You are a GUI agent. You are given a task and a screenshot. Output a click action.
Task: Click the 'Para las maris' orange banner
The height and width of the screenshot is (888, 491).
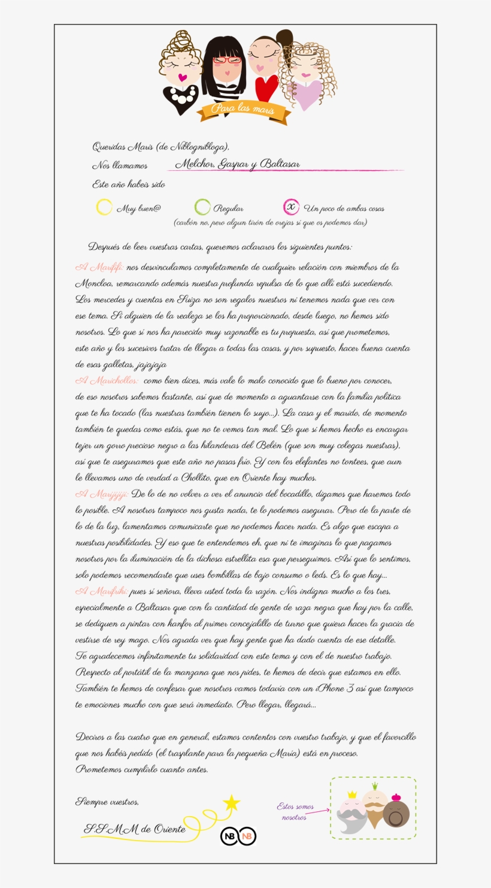(243, 110)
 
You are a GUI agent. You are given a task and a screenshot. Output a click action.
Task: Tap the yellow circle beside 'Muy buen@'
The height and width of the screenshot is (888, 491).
(104, 207)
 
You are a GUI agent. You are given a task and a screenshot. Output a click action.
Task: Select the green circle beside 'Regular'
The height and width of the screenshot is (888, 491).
(202, 207)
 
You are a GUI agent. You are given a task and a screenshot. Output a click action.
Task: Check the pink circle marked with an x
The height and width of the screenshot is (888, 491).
(291, 207)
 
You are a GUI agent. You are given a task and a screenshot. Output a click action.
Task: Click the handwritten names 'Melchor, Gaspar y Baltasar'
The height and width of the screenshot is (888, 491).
(238, 164)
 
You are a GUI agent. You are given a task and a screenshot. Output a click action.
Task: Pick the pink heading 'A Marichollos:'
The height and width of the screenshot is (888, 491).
(107, 380)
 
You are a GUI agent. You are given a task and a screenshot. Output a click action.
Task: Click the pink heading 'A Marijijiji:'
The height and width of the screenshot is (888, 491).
(101, 494)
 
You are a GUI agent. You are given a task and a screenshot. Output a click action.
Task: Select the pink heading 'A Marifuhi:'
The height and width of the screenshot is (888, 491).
(101, 591)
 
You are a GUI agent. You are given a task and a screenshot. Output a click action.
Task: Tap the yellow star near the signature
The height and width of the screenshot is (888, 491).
(231, 803)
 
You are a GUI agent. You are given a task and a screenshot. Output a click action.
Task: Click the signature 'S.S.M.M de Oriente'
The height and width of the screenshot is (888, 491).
(135, 829)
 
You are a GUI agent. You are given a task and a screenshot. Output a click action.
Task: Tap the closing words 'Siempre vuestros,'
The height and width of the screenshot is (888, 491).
(107, 801)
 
